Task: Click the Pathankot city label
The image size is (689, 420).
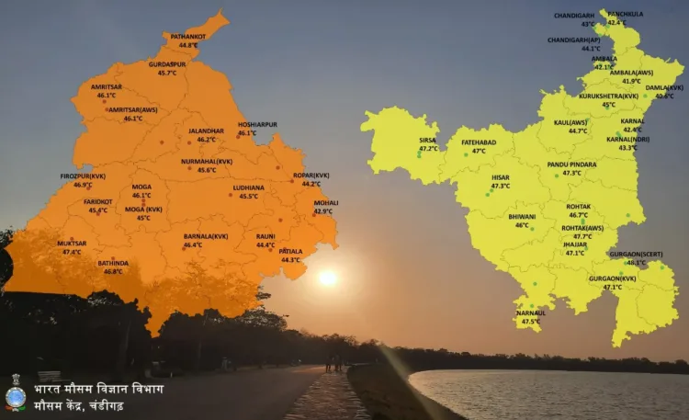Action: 188,35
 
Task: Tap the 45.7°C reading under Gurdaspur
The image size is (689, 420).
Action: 167,73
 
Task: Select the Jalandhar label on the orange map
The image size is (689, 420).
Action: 207,131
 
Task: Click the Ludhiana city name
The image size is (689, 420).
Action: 248,187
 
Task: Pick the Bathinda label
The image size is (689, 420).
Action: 113,263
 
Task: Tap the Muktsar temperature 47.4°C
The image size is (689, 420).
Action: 72,252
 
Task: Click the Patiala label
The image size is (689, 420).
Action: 290,251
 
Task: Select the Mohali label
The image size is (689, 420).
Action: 325,202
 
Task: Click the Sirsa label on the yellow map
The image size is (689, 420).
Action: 428,140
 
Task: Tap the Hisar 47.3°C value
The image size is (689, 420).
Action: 501,186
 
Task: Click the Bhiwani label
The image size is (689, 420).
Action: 522,216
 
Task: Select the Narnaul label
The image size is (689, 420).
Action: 531,312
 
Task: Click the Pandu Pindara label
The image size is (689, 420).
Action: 571,164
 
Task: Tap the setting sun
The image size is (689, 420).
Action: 327,278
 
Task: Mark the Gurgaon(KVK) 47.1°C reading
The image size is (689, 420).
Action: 613,287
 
